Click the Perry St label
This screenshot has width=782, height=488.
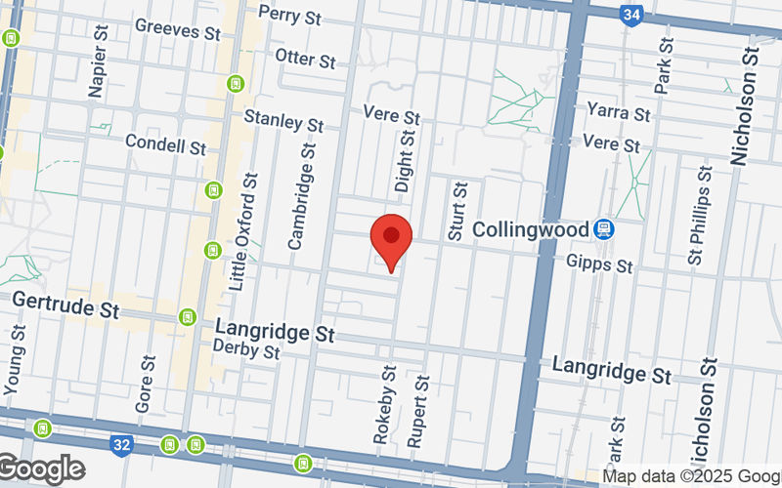289,16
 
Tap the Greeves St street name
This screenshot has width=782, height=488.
177,29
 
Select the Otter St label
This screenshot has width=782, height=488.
306,58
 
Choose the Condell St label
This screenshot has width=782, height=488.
165,144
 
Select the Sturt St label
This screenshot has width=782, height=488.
456,210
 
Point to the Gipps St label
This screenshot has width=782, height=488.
599,264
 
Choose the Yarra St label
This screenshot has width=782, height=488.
618,112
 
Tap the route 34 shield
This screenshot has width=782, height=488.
631,15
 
